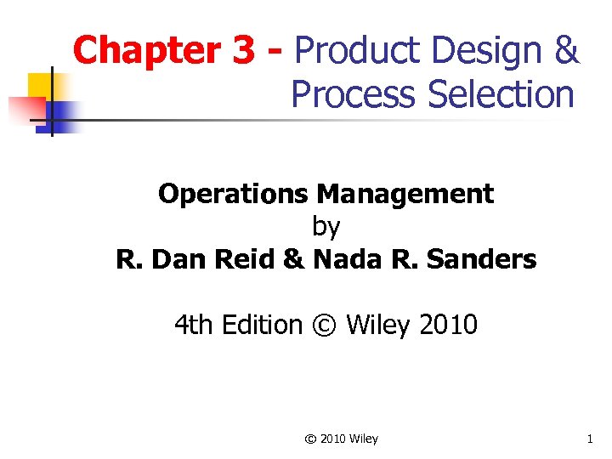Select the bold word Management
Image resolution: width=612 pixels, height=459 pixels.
[405, 194]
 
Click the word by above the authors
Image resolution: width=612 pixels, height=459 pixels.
[326, 226]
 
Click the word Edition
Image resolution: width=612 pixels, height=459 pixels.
[263, 324]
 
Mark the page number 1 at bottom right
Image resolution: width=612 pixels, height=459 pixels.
[588, 439]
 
